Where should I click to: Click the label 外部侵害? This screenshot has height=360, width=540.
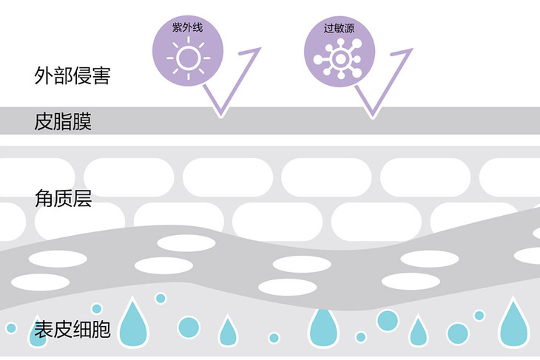coord(72,75)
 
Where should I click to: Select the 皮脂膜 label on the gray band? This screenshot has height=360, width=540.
coord(63,121)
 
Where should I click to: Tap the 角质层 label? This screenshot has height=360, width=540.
coord(63,199)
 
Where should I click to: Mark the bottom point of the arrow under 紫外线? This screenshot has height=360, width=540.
coord(219,115)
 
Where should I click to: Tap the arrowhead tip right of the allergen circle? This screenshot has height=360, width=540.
coord(413,50)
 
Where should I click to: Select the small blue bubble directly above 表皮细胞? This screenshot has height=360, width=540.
coord(96,308)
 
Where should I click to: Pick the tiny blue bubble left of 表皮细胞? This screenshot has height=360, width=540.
coord(11,327)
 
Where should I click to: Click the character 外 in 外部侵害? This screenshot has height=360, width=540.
coord(44,75)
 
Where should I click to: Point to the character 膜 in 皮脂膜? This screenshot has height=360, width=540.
coord(82,121)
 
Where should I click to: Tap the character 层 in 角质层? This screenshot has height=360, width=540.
coord(82,199)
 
